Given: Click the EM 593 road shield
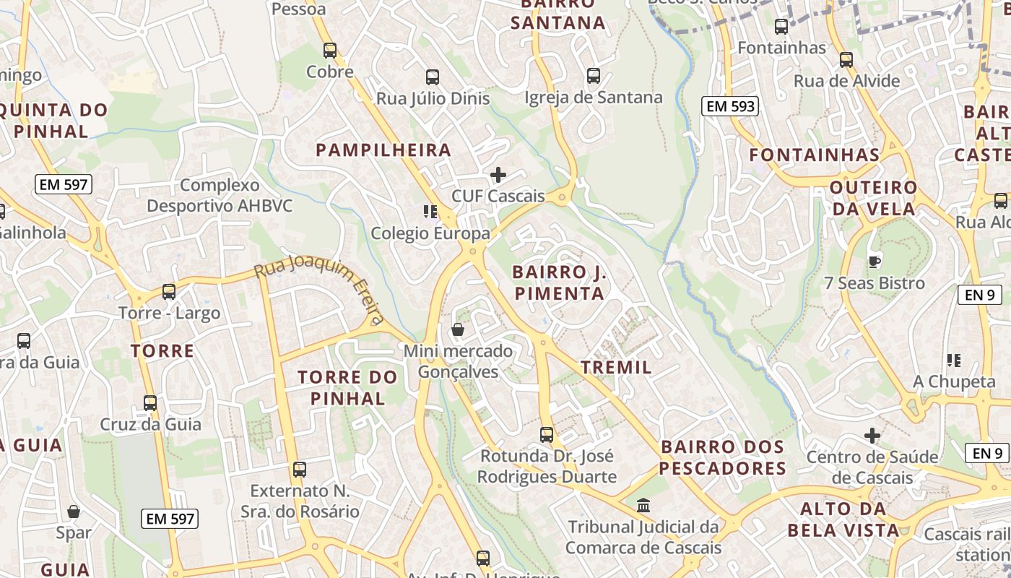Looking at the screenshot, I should click(730, 106).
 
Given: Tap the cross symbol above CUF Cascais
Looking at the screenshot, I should click(498, 175).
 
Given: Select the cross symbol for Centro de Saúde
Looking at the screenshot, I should click(872, 436).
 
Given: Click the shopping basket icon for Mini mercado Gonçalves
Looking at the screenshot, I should click(457, 330).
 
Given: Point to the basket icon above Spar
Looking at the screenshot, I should click(73, 512).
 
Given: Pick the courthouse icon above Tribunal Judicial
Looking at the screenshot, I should click(643, 505).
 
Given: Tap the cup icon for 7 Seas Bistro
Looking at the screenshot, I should click(874, 262).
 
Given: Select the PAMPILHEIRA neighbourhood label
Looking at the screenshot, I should click(383, 150).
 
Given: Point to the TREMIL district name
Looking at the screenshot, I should click(616, 367).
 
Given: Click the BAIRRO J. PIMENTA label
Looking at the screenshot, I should click(558, 283).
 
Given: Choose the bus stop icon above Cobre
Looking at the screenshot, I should click(330, 51).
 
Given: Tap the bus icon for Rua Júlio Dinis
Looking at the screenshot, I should click(433, 77).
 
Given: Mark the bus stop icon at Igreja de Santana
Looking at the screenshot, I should click(593, 75).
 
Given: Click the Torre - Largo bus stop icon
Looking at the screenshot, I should click(169, 292).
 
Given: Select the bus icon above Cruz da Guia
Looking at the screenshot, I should click(150, 402).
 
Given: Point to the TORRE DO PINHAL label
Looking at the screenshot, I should click(347, 388).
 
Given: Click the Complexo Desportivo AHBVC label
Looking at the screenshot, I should click(220, 196).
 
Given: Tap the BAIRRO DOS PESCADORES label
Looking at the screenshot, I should click(722, 457).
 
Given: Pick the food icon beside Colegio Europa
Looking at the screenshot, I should click(430, 212).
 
